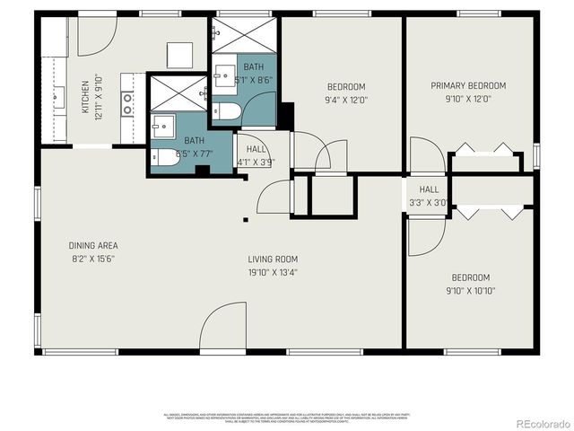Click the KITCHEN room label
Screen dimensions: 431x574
(85, 96)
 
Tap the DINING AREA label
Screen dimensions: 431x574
(93, 245)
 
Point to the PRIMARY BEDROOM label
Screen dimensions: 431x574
(468, 86)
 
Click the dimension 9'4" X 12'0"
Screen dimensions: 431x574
(345, 100)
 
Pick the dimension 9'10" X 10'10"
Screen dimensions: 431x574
(470, 290)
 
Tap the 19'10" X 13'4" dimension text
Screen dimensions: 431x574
(273, 272)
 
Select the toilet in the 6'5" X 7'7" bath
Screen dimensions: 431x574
(163, 156)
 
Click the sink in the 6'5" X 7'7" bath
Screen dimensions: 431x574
(162, 124)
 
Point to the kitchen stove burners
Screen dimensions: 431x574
(127, 103)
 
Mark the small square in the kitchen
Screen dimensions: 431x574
(178, 57)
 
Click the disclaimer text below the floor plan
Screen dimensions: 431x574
(287, 418)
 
